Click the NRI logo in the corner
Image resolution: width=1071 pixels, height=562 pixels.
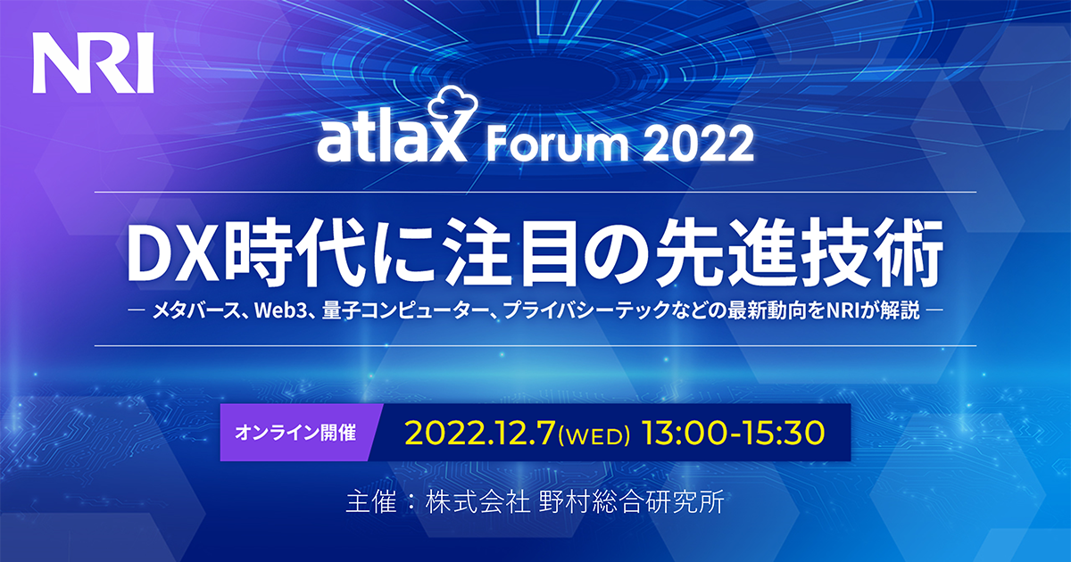pos(93,62)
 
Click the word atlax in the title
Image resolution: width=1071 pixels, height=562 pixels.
pos(392,142)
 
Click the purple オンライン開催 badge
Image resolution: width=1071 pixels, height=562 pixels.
pos(296,433)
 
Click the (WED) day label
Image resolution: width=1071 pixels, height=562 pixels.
pos(594,435)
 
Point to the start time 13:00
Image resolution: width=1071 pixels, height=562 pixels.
pos(685,434)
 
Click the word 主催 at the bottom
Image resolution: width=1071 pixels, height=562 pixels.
pos(371,502)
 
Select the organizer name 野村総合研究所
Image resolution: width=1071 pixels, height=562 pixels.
pos(631,502)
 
